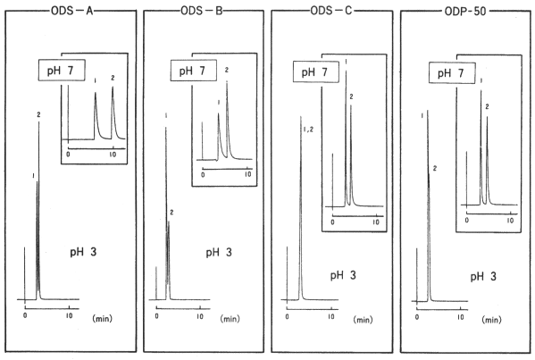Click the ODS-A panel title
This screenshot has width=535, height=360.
72,11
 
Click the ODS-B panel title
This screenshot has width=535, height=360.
202,11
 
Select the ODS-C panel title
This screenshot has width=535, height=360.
331,11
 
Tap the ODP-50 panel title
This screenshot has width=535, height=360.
465,12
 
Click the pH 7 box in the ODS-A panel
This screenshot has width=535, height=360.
62,71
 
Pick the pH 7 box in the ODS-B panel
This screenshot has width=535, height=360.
194,71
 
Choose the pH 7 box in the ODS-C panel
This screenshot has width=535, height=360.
316,71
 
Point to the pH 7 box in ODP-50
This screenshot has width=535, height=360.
452,72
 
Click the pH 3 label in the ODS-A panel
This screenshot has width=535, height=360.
83,252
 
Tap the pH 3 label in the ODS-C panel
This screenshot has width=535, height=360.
343,275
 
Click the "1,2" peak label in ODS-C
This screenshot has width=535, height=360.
308,130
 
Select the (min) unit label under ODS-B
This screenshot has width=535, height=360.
230,319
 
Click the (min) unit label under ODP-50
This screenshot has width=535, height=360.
491,320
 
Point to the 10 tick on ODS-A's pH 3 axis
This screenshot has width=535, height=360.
70,315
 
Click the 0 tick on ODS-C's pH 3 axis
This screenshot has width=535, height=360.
288,316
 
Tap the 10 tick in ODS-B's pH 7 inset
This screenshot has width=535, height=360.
248,174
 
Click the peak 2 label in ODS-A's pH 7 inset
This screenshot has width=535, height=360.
113,78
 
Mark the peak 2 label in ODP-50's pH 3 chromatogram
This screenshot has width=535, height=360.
435,168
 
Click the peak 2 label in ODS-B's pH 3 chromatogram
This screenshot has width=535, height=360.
171,213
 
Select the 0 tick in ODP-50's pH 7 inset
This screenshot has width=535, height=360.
467,220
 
